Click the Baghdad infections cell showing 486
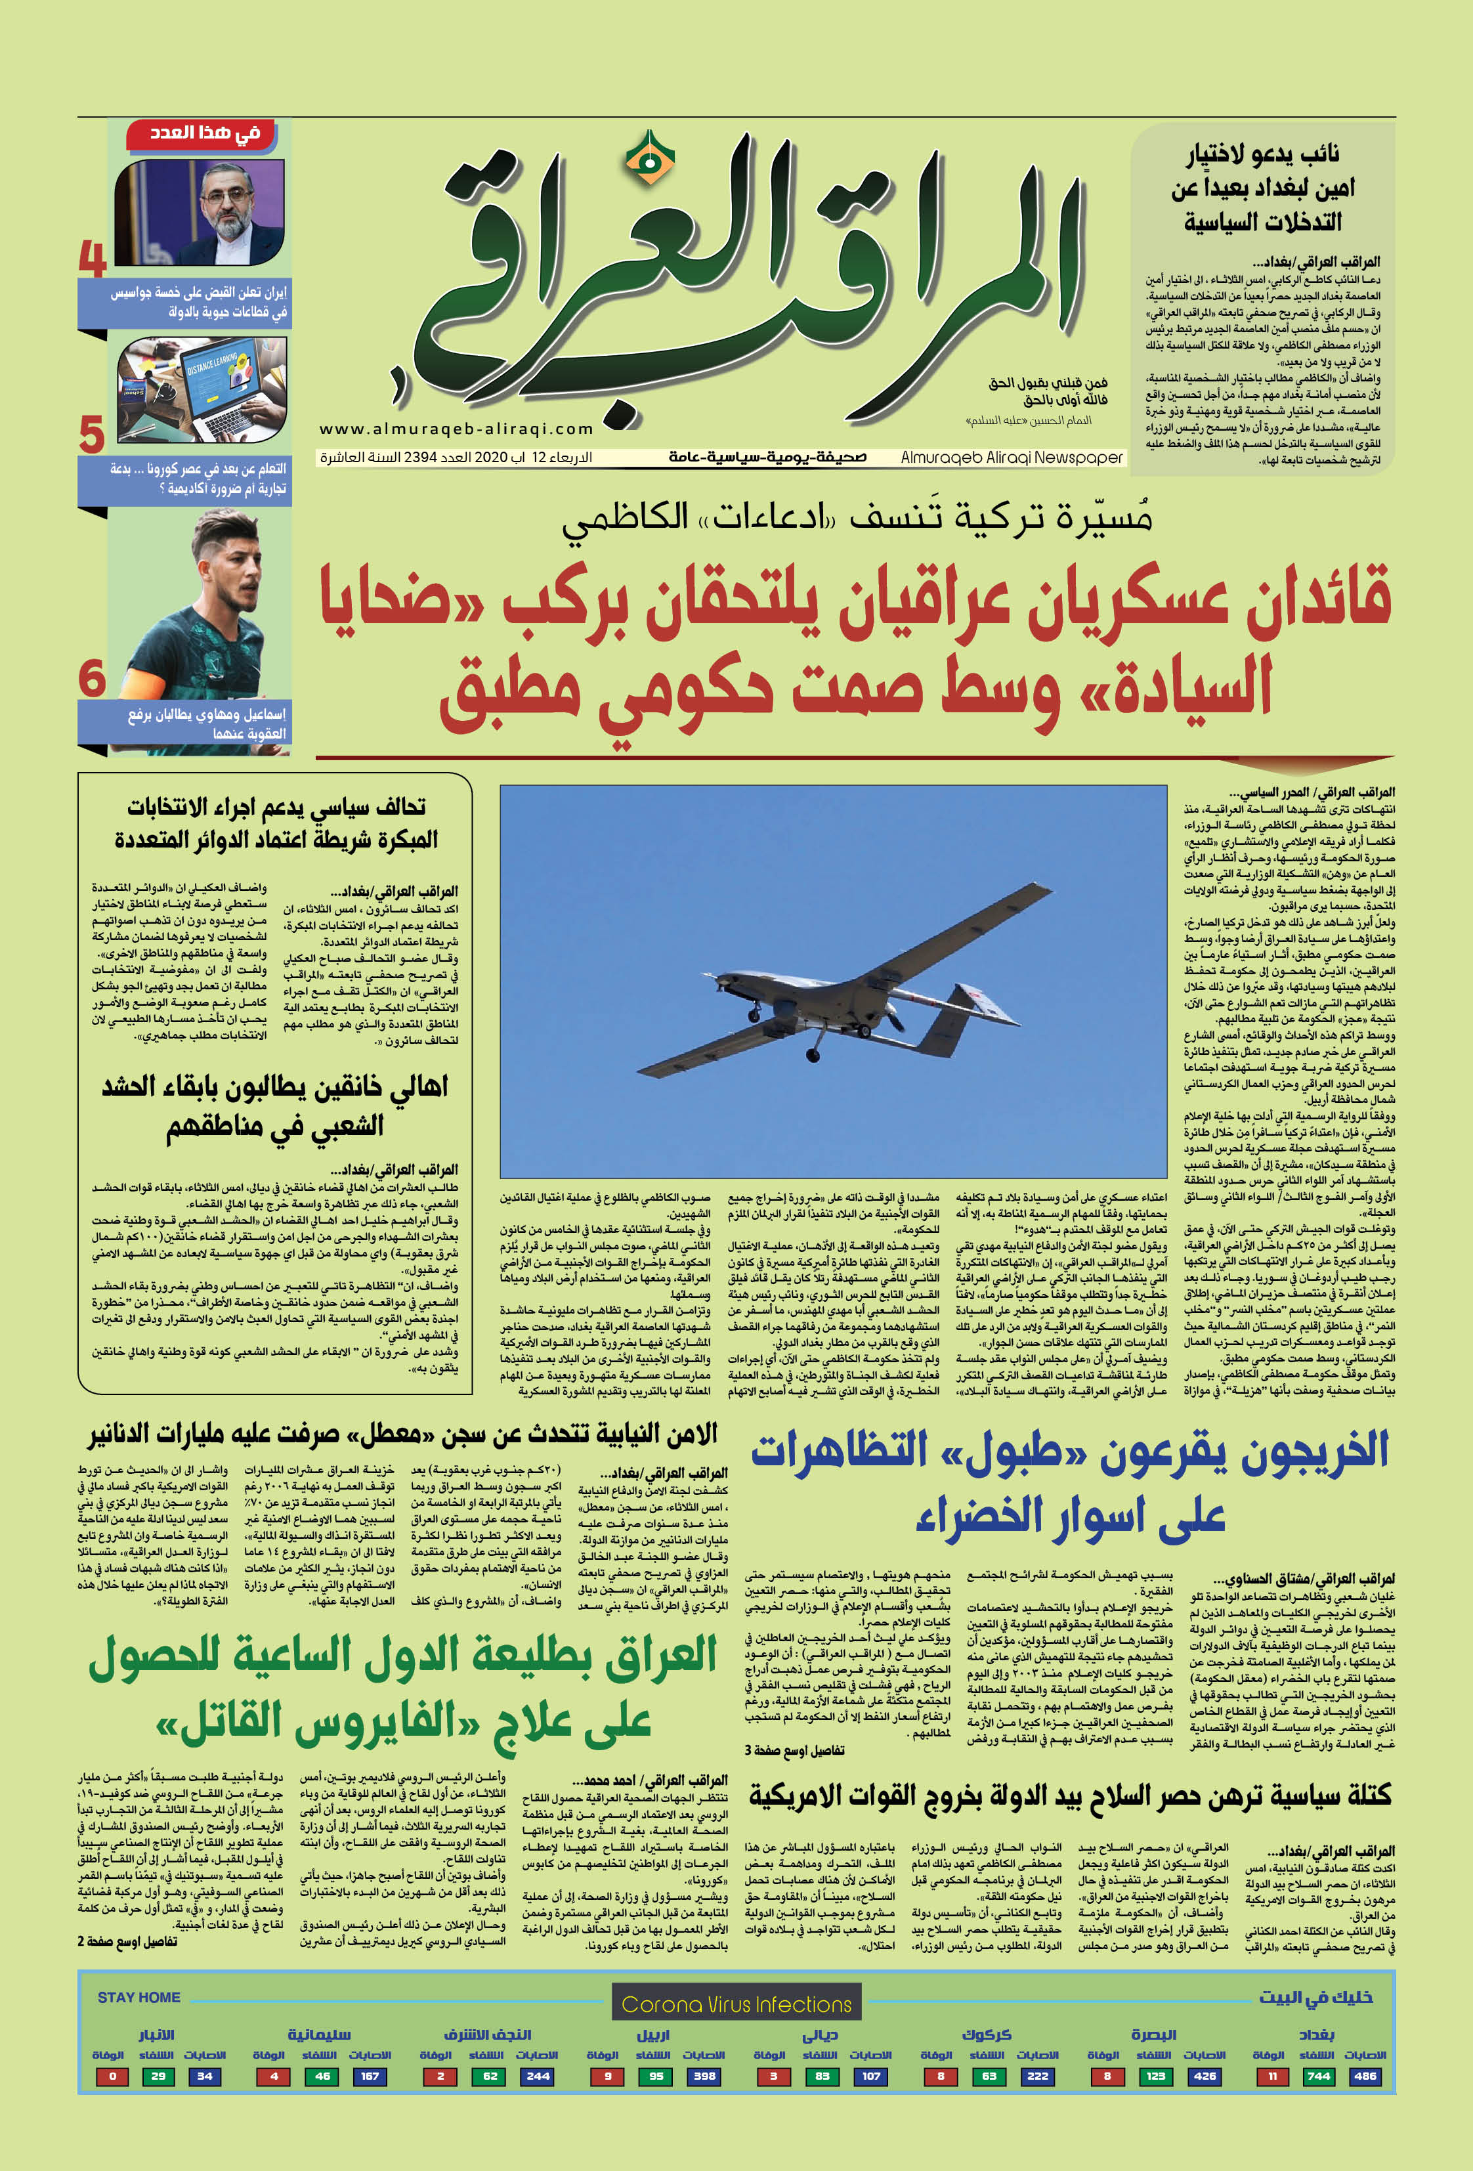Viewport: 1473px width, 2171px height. click(x=1365, y=2076)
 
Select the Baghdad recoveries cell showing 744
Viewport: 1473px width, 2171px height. click(x=1318, y=2076)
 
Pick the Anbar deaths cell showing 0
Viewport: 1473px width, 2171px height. click(x=113, y=2076)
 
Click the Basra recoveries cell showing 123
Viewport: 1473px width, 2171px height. click(x=1155, y=2076)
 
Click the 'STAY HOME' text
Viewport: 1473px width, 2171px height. click(x=139, y=1997)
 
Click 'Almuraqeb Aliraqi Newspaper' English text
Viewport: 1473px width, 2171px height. click(x=1012, y=458)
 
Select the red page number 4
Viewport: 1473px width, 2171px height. click(x=93, y=259)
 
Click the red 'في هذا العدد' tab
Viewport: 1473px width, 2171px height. click(x=205, y=133)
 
